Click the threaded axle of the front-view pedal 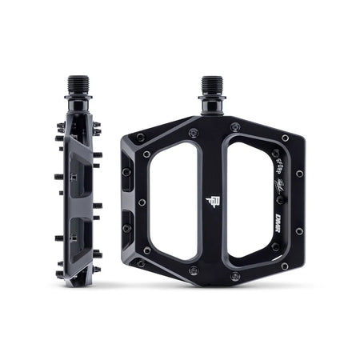[212, 86]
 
